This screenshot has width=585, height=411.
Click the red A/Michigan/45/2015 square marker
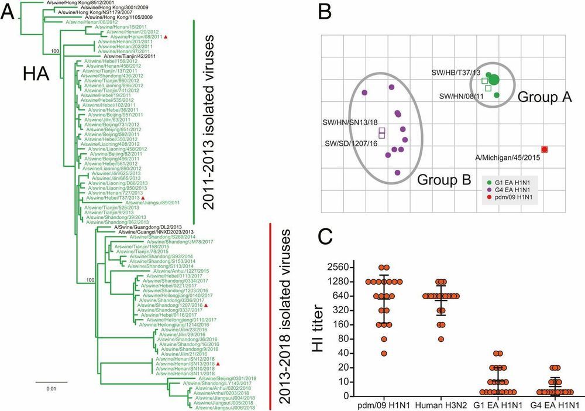click(545, 150)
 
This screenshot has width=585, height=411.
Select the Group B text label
click(443, 180)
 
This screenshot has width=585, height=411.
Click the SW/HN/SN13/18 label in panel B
click(349, 123)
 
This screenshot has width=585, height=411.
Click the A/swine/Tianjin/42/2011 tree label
click(129, 56)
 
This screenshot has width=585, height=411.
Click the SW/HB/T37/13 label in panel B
click(455, 72)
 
